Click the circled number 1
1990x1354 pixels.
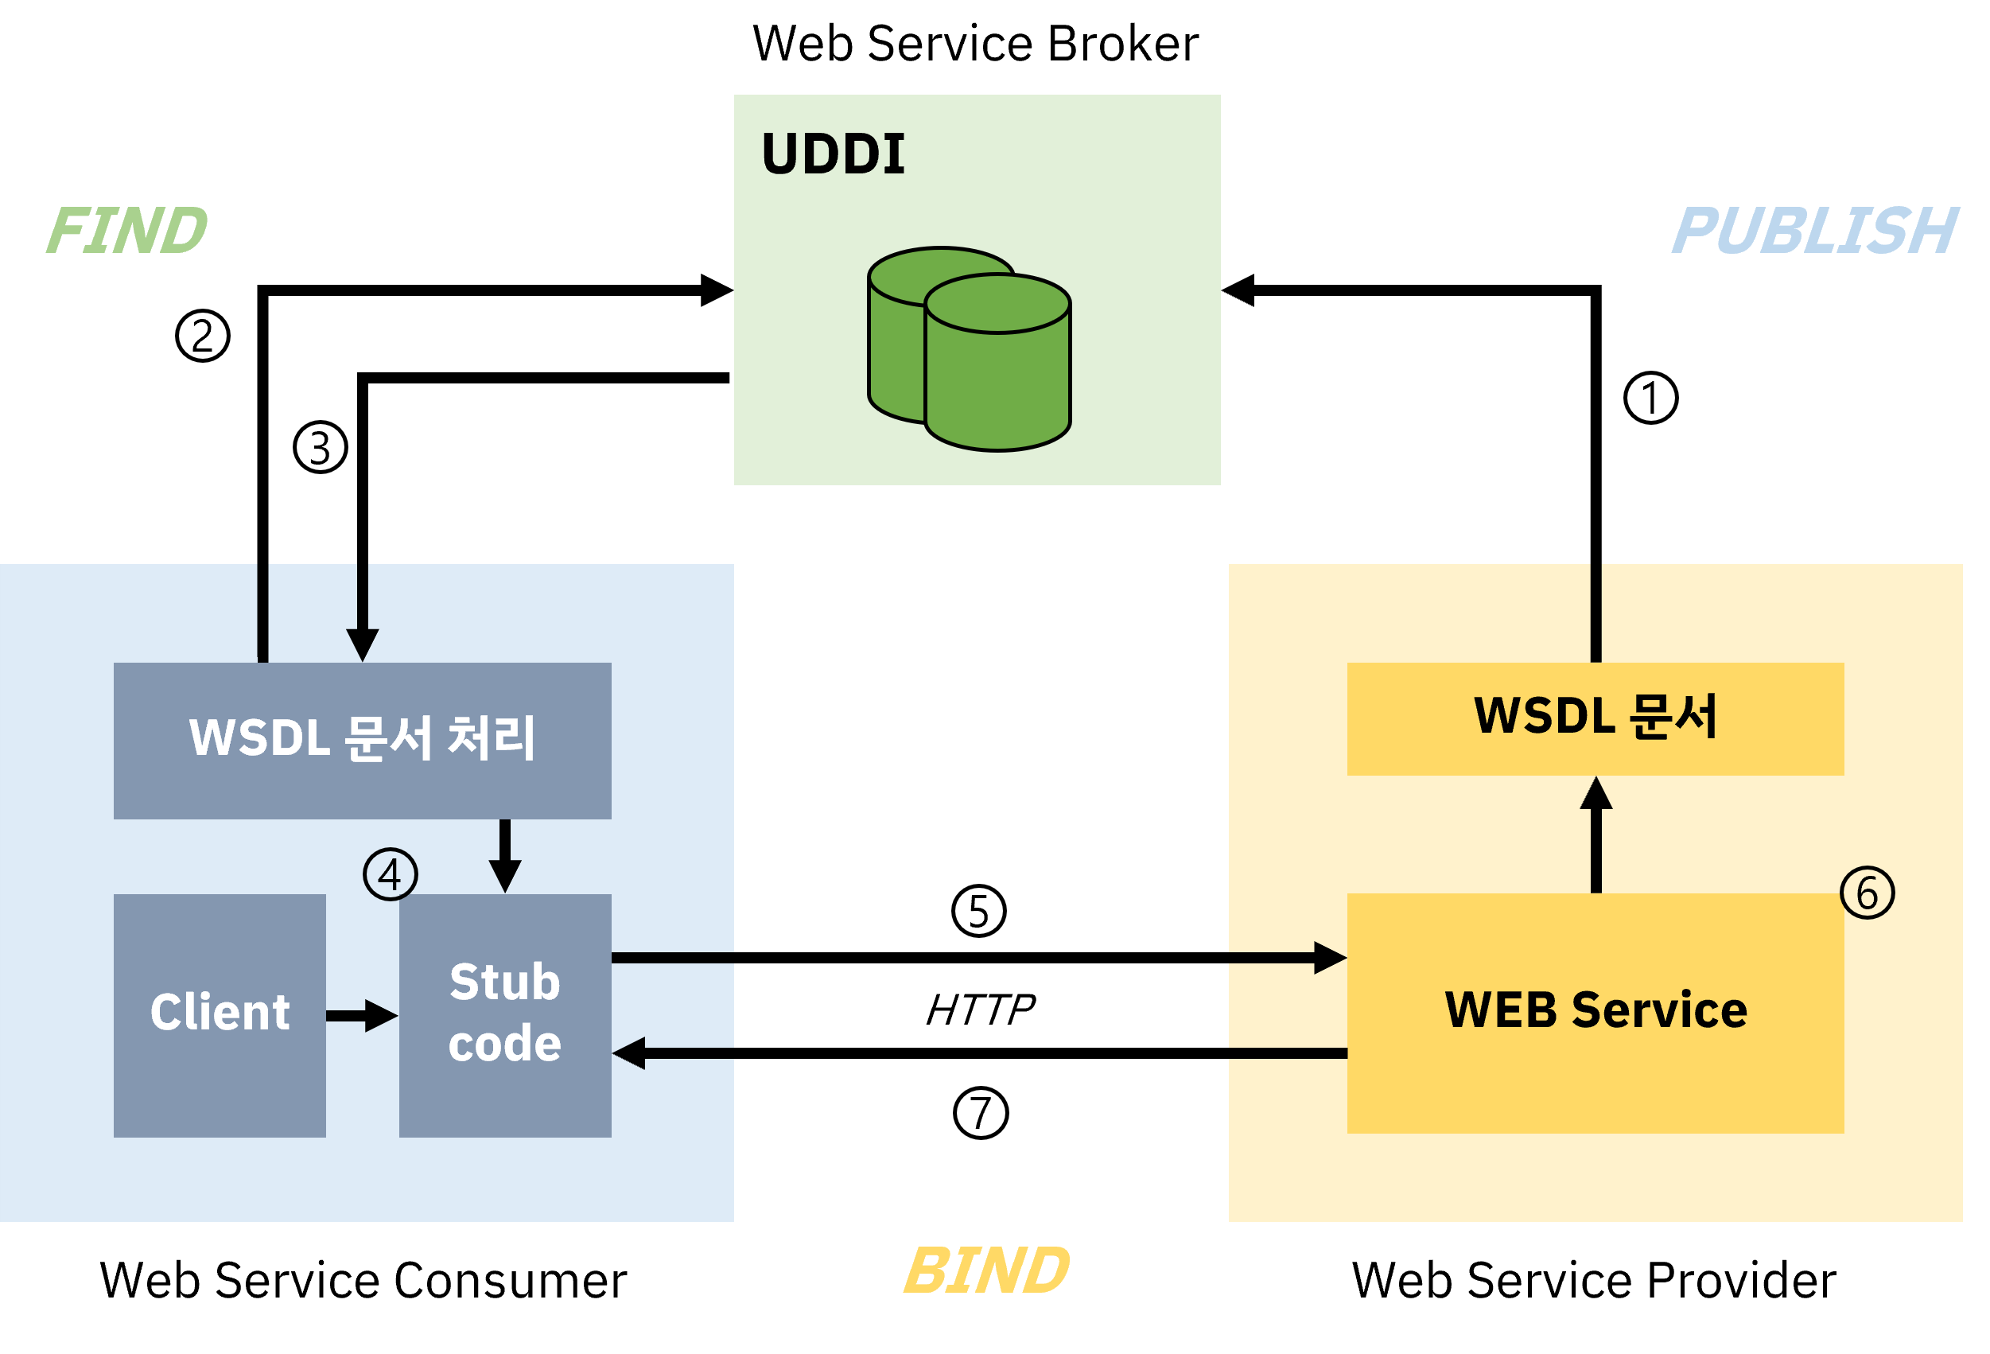[x=1650, y=398]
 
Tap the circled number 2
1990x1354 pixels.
[x=203, y=336]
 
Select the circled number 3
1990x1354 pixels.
[x=321, y=447]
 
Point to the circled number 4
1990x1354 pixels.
[x=391, y=874]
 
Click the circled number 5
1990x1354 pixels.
[x=979, y=910]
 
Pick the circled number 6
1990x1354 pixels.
[x=1867, y=893]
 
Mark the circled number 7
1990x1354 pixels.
[x=981, y=1112]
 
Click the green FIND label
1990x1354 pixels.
[x=126, y=231]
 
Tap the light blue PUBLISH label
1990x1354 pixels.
[x=1813, y=231]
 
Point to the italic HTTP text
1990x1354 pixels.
[x=981, y=1009]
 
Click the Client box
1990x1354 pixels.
[x=220, y=1015]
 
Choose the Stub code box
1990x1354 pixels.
[x=505, y=1015]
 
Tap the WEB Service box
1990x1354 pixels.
[x=1595, y=1014]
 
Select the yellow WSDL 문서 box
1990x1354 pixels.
[x=1595, y=718]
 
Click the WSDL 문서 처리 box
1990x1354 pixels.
[x=362, y=740]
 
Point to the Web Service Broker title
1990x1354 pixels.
[x=975, y=44]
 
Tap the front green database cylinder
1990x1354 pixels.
[x=997, y=377]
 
